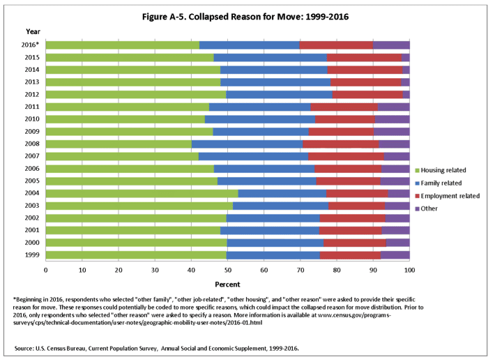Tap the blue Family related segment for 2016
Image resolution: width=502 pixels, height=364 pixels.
click(x=249, y=45)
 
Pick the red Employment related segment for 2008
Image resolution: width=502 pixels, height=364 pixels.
click(x=341, y=144)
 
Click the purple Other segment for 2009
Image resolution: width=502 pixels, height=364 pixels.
click(x=392, y=131)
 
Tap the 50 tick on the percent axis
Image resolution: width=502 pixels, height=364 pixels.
click(x=227, y=269)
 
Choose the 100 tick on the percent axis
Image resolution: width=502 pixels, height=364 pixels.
click(x=409, y=269)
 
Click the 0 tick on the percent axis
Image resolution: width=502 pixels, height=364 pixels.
click(x=46, y=269)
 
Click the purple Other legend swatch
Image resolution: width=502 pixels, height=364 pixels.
click(x=418, y=208)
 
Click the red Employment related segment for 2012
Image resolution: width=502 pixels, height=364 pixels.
click(x=367, y=94)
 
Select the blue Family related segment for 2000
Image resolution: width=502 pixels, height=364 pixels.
click(x=275, y=243)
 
